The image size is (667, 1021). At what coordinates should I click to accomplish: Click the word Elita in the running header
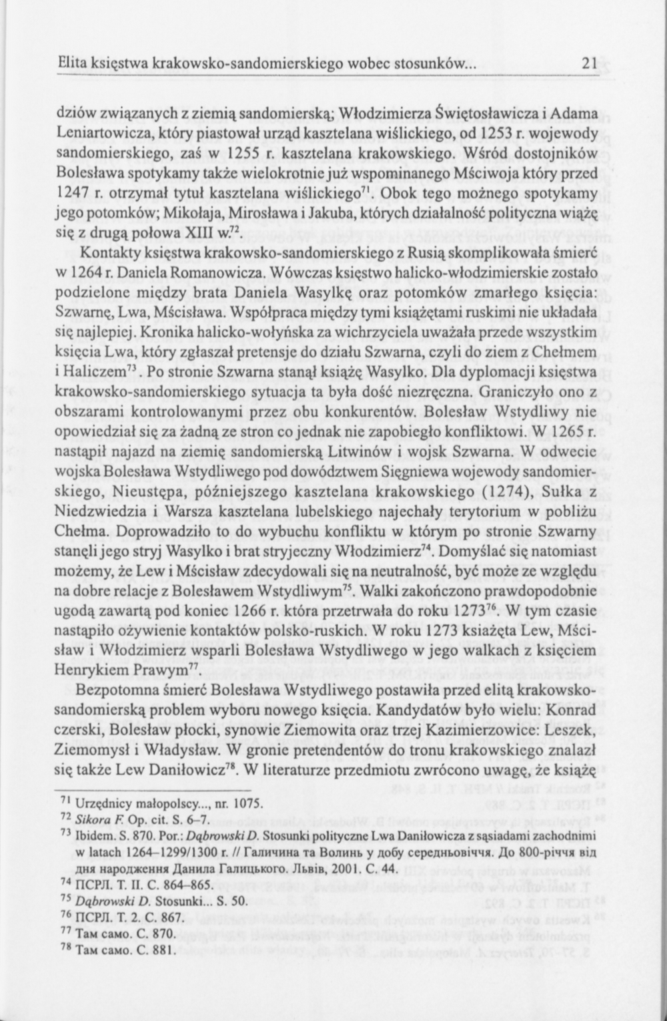[72, 64]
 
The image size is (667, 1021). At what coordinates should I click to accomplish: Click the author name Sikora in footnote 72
[93, 819]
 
